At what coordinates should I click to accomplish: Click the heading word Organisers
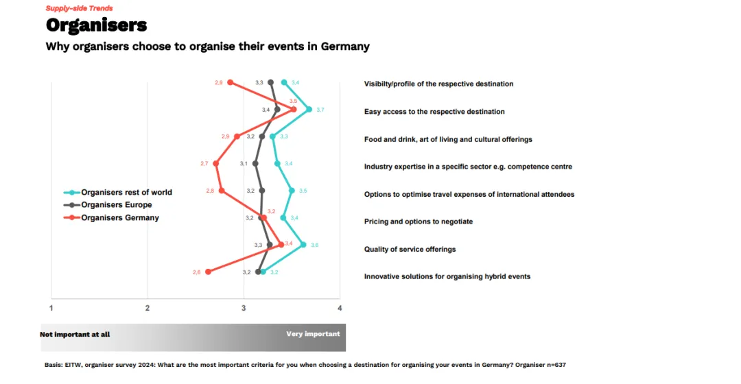(x=96, y=25)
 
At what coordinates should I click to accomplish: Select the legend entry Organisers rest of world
(x=126, y=192)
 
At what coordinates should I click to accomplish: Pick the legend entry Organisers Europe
(x=117, y=204)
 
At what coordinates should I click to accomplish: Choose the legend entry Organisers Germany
(x=120, y=217)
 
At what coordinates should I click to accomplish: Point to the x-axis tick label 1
(x=51, y=308)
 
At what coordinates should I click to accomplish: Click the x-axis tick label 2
(x=148, y=308)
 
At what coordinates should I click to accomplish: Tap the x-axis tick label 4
(x=340, y=308)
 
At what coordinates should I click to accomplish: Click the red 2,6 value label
(x=197, y=272)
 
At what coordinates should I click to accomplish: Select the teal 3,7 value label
(x=320, y=110)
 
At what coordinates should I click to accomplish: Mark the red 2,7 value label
(x=204, y=163)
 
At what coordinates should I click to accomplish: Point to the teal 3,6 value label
(x=314, y=245)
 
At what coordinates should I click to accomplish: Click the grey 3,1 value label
(x=244, y=163)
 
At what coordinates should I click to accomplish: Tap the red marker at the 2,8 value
(x=222, y=191)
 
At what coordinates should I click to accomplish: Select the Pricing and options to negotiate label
(x=418, y=221)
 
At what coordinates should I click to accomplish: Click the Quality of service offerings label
(x=410, y=249)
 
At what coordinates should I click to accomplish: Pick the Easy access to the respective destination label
(x=434, y=111)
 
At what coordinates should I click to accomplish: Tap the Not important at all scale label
(x=75, y=335)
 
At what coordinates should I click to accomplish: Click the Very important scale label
(x=313, y=334)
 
